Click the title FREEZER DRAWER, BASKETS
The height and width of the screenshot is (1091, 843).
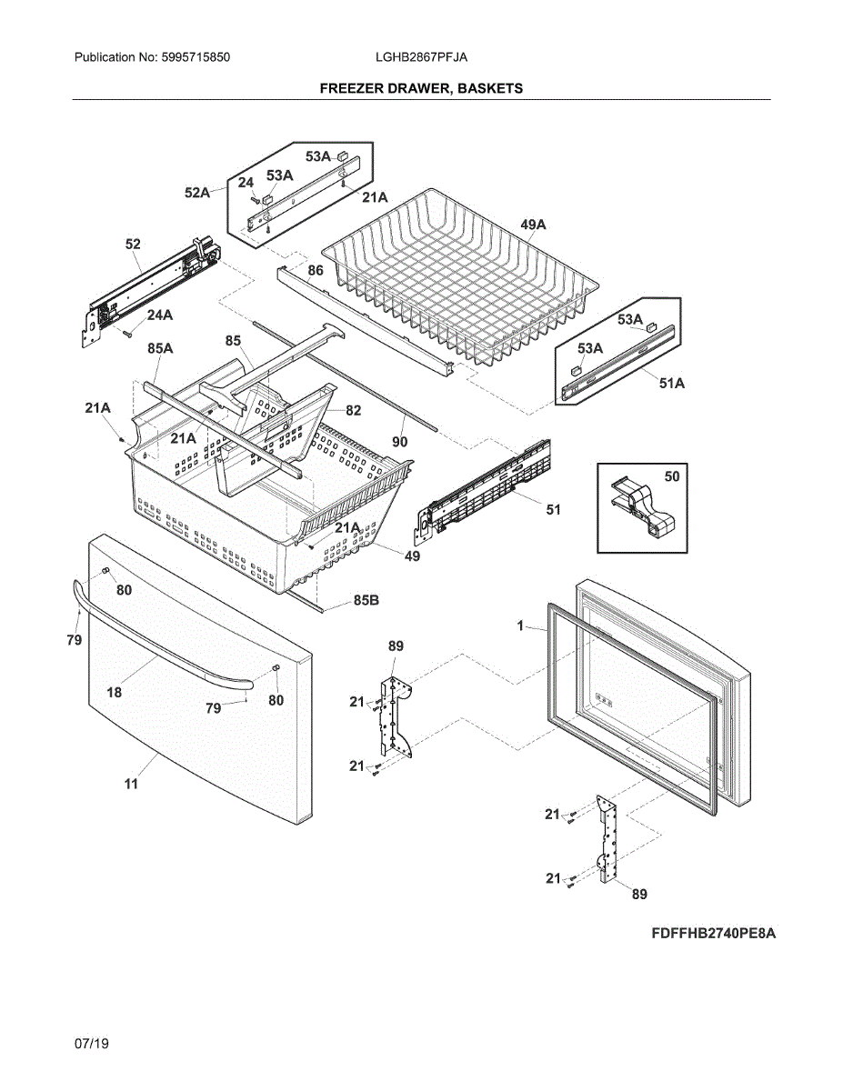421,88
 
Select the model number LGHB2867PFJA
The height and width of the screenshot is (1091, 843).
421,57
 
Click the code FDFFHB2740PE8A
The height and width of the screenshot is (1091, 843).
713,934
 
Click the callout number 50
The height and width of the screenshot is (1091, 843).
672,475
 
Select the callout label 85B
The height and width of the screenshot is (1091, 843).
366,600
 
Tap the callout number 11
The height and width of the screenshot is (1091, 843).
131,783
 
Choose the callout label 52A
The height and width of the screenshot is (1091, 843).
197,193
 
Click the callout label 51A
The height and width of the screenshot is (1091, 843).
671,384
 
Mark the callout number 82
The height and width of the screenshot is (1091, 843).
353,411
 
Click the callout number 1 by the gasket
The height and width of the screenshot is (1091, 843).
520,626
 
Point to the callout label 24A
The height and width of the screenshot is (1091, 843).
159,315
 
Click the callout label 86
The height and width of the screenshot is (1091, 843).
315,270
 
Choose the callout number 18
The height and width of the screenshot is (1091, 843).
114,692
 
